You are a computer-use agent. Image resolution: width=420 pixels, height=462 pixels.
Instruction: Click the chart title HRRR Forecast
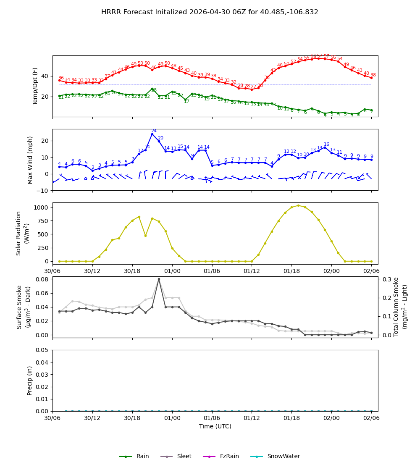pos(210,12)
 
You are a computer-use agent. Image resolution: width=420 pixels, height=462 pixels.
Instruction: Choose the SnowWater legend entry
pos(283,456)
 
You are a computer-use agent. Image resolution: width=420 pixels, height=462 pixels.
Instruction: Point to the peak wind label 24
pos(154,131)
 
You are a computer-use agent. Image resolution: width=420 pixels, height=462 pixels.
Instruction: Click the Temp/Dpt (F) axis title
pos(35,86)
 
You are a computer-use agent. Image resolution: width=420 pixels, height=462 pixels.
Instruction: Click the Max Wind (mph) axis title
pos(30,160)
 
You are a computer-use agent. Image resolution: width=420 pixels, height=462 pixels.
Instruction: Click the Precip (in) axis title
pos(30,381)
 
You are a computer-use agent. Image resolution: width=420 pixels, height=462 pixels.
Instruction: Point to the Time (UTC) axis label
pos(215,426)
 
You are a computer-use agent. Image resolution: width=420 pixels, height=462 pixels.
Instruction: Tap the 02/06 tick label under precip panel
pos(371,418)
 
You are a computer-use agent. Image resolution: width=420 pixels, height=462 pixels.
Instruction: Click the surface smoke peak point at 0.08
pos(159,279)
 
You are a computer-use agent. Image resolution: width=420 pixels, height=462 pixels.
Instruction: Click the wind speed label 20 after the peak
pos(160,138)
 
